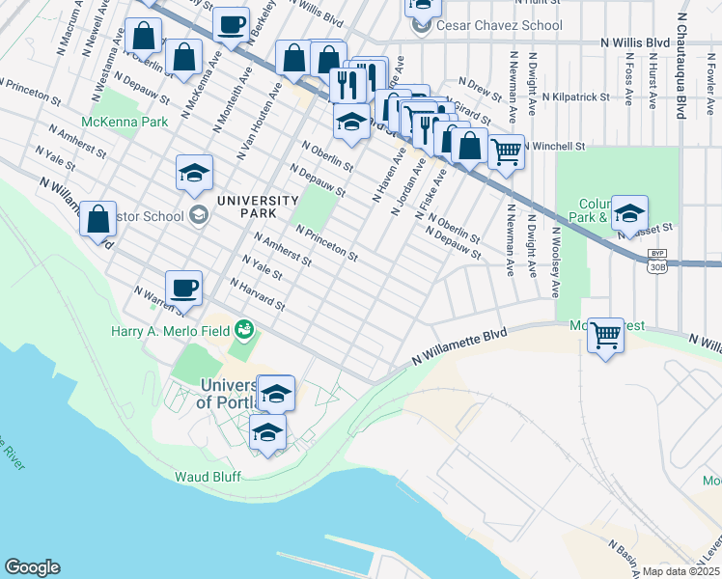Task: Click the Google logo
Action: click(x=32, y=567)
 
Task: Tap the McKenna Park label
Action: click(x=125, y=122)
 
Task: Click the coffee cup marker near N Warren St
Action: click(x=183, y=288)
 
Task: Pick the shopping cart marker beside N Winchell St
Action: click(x=506, y=151)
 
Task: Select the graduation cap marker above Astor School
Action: click(x=194, y=174)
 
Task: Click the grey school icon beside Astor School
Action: click(x=199, y=214)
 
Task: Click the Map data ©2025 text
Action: click(x=680, y=571)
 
